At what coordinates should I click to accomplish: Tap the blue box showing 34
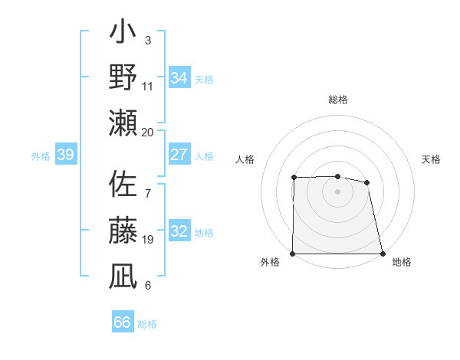coord(179,78)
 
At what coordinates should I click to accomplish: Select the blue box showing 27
coord(179,155)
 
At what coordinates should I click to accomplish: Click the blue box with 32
coord(179,231)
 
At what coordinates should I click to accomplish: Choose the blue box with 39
coord(66,155)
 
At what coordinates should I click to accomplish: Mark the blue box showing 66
coord(122,322)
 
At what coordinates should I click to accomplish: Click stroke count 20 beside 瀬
coord(148,132)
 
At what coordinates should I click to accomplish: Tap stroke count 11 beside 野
coord(148,87)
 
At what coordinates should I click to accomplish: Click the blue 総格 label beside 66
coord(148,323)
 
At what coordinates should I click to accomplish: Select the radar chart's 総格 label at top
coord(338,100)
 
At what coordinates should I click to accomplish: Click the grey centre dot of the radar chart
coord(338,191)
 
